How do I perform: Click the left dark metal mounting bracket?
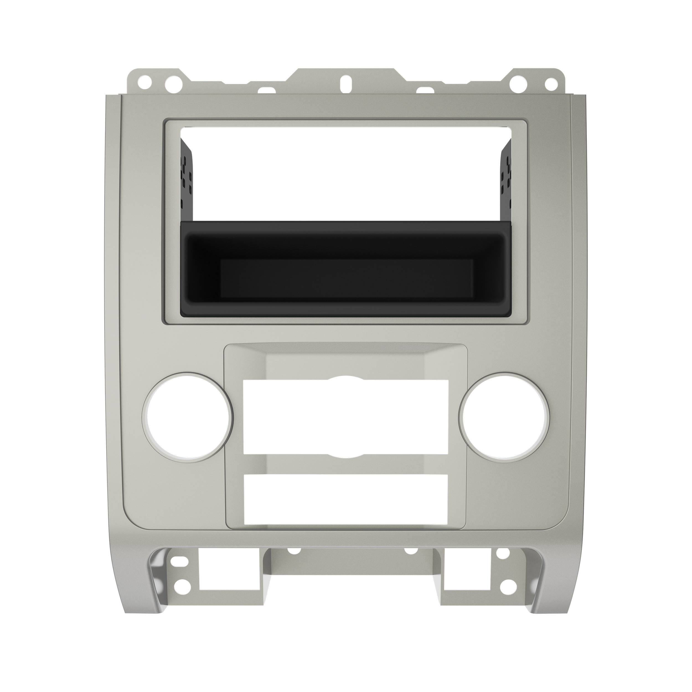(187, 179)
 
